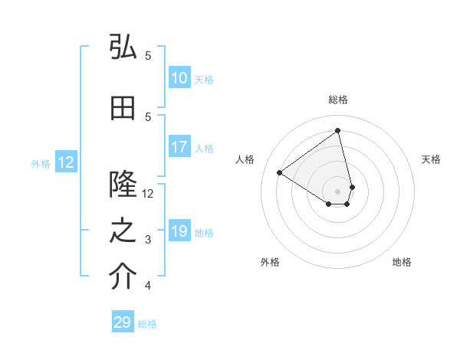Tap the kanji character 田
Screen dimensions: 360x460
pos(123,109)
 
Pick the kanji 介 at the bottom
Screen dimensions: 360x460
pos(123,278)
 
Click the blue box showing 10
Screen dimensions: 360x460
pos(179,78)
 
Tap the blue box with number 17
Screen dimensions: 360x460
pos(179,147)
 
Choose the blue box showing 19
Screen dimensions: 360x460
pos(179,231)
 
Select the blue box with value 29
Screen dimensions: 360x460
pos(123,322)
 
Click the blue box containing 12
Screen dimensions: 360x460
pos(65,162)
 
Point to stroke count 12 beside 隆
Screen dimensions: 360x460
pos(149,194)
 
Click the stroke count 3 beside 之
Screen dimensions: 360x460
pos(149,240)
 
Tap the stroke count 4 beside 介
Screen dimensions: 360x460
pos(149,286)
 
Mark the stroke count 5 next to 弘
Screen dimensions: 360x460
pos(149,56)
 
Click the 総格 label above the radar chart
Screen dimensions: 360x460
pos(337,100)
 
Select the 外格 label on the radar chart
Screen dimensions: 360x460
pos(270,262)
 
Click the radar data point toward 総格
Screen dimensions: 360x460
pos(337,130)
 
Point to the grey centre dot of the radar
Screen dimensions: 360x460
pos(337,191)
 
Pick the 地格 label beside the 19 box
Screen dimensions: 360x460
pos(205,233)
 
